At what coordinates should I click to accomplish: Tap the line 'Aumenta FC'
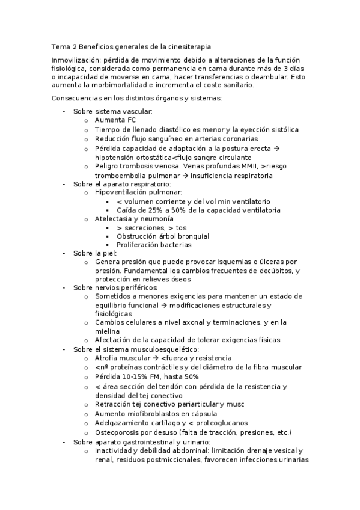(x=115, y=120)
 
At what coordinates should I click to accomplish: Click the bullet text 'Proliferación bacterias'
(x=154, y=245)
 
